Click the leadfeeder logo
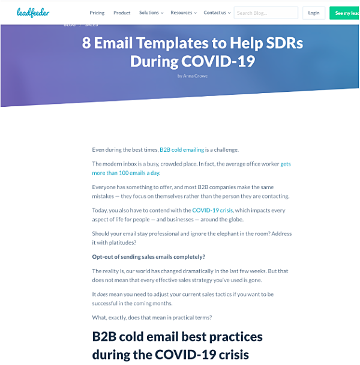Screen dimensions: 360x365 [x=33, y=13]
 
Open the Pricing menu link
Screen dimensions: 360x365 [x=97, y=13]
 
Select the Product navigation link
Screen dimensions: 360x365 [x=122, y=13]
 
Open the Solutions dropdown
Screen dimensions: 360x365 [x=151, y=13]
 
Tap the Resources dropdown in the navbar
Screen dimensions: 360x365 [x=184, y=13]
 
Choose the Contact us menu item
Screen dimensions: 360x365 [x=217, y=13]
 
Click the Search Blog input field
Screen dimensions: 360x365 [x=266, y=13]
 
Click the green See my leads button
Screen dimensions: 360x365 [x=344, y=13]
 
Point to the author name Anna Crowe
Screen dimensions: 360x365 [x=195, y=76]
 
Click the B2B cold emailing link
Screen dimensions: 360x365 [x=182, y=149]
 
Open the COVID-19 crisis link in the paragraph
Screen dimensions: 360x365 [x=212, y=210]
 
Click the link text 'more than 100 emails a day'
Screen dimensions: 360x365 [x=125, y=173]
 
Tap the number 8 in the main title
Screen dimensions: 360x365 [x=86, y=43]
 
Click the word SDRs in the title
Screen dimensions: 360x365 [x=284, y=43]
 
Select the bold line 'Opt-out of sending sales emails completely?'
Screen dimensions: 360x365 [x=148, y=257]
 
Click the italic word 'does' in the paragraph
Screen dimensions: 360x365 [x=103, y=294]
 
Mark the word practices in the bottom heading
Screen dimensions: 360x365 [x=236, y=337]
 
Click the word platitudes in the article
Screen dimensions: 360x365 [x=122, y=243]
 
